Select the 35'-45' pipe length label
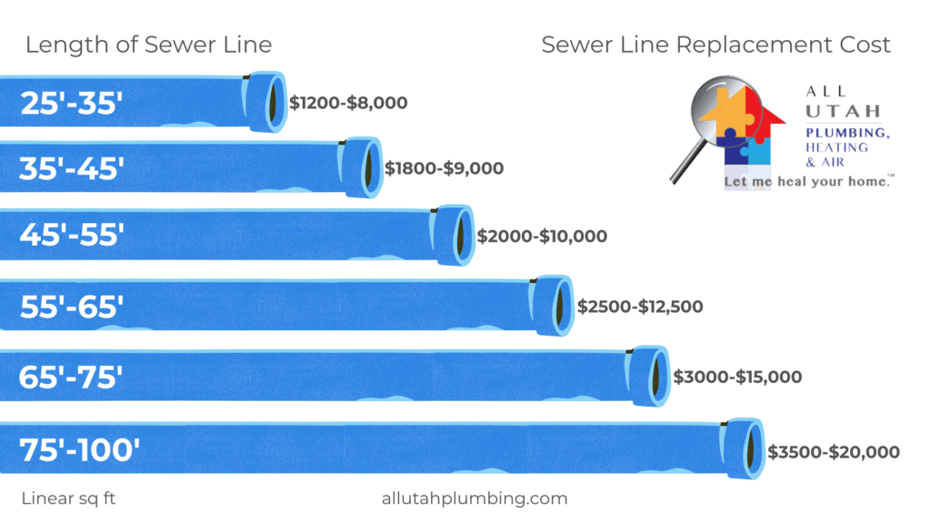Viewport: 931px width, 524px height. (x=71, y=168)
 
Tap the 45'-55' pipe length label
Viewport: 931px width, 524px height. (x=71, y=236)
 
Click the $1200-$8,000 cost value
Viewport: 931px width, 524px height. (x=348, y=104)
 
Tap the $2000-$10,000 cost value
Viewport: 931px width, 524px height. (x=543, y=237)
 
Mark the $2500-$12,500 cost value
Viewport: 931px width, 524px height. (x=641, y=307)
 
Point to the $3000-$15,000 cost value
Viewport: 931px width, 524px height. (x=737, y=377)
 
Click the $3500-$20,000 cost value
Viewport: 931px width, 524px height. (x=834, y=452)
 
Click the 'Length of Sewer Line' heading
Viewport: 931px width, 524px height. (x=148, y=45)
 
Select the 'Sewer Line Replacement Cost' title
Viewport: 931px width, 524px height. (x=716, y=45)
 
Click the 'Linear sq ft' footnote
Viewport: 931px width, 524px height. (x=68, y=499)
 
